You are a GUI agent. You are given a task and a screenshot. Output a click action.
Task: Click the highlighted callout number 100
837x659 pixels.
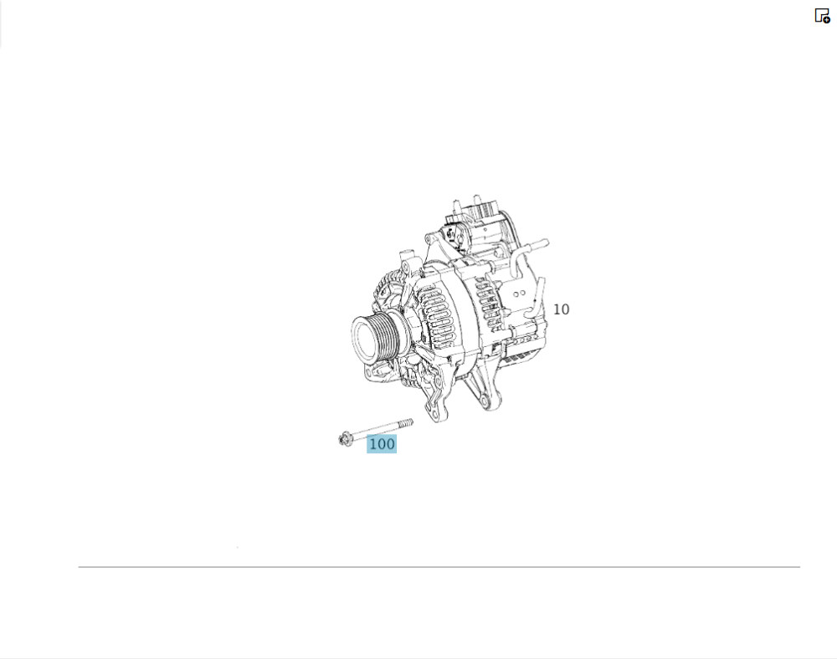382,443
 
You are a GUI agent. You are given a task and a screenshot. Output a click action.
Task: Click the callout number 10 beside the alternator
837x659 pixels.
561,309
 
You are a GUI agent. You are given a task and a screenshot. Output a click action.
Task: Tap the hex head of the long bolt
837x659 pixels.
344,439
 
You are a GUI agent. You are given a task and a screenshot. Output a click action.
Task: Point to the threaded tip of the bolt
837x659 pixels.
407,423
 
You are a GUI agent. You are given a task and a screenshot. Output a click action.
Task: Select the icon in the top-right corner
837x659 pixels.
822,15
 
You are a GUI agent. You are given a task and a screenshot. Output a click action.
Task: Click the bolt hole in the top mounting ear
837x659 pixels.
428,238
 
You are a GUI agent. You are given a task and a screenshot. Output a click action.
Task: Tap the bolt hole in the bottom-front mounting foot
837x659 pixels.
439,383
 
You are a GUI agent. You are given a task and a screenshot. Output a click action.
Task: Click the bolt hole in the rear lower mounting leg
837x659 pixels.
484,400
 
